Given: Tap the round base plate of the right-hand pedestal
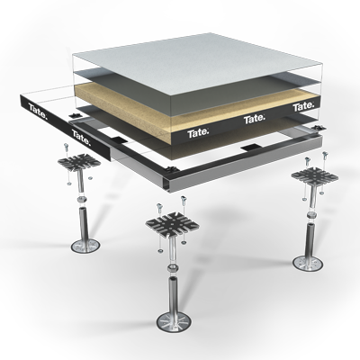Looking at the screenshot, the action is [x=308, y=262].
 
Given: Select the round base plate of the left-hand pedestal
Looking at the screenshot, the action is [x=85, y=246].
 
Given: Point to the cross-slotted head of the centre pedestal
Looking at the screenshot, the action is [x=173, y=224].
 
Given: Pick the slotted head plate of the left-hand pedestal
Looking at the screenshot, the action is [x=79, y=163].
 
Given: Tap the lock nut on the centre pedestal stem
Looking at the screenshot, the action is [x=172, y=268].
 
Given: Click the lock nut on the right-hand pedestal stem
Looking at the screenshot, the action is [x=311, y=215].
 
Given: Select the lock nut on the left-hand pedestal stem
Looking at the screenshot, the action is [x=82, y=199].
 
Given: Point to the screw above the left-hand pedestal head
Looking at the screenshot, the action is [x=67, y=148].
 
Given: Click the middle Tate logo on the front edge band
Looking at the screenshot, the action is [x=255, y=120].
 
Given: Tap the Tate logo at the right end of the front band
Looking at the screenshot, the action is [x=304, y=106].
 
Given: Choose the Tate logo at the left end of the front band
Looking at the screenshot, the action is [x=198, y=133].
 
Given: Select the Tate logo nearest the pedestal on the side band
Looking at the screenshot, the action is [x=81, y=137].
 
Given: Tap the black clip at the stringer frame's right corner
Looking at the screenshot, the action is [x=318, y=128].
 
